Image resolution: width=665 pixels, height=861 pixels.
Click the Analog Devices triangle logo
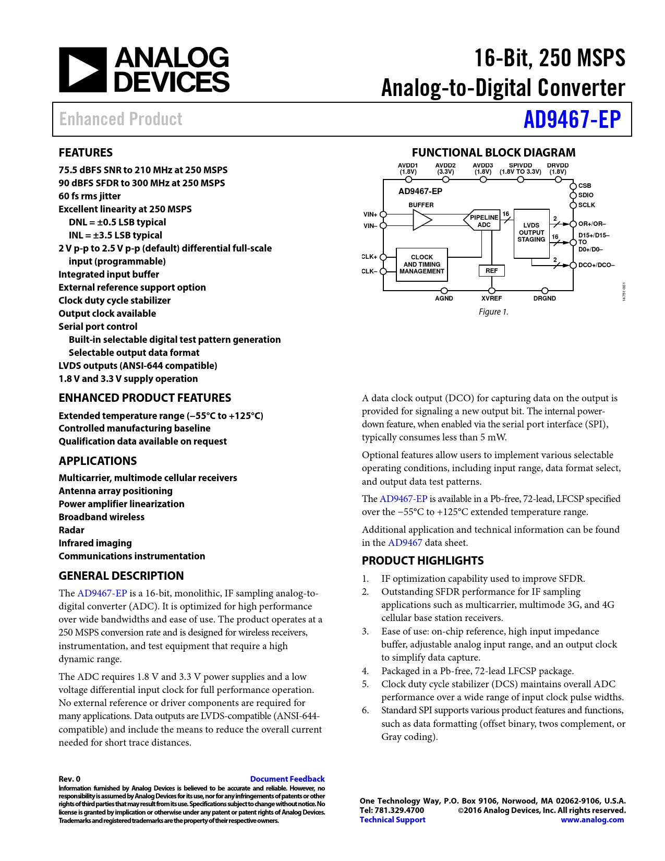82,70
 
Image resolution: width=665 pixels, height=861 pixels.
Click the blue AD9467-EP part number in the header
572,119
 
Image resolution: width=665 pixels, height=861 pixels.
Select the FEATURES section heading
86,152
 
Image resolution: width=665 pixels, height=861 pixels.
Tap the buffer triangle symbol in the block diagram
422,220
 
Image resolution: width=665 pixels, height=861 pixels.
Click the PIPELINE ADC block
483,221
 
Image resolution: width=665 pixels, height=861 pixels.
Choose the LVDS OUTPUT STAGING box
531,233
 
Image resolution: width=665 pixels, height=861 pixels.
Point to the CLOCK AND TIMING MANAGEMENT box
421,265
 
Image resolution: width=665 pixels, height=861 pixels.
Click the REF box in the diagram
491,271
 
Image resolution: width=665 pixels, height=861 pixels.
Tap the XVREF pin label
491,298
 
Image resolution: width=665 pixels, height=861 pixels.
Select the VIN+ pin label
370,214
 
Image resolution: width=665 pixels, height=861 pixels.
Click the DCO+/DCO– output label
596,265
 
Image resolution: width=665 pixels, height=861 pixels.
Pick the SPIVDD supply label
520,165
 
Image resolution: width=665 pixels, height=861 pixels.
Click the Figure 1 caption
493,312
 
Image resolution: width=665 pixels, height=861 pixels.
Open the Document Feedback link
287,779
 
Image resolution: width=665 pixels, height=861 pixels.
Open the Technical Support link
392,820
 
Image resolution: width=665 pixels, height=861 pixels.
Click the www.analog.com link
592,820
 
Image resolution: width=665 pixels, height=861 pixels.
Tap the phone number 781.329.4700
399,810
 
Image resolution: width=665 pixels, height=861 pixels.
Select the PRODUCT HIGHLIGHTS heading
422,560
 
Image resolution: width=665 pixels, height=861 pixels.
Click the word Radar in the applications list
71,530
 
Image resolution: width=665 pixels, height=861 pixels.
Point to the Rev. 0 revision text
69,779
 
